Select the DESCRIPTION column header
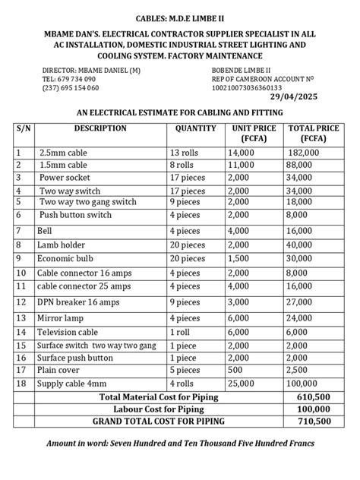click(100, 128)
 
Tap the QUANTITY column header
click(196, 128)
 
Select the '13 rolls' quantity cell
click(185, 153)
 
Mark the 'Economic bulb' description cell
click(64, 258)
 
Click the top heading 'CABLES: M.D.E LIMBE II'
click(180, 17)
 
